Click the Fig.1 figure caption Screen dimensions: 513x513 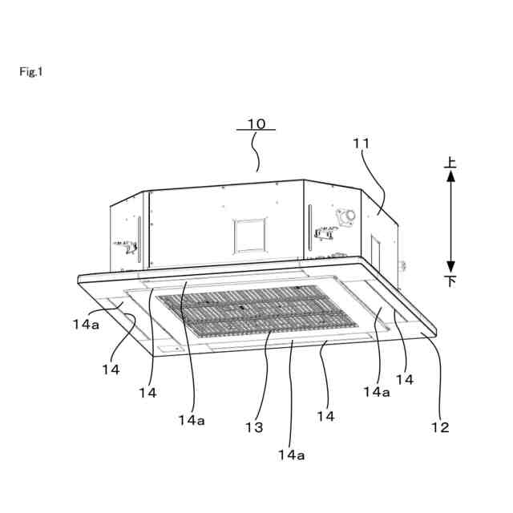click(31, 72)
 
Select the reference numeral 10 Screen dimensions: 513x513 click(256, 123)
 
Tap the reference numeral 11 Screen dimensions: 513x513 click(362, 143)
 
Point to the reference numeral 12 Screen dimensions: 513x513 click(440, 426)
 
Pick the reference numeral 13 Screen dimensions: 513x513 click(254, 428)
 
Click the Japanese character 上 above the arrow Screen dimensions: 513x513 click(451, 163)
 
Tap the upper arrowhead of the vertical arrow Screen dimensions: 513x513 click(451, 177)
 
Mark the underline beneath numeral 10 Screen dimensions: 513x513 click(256, 131)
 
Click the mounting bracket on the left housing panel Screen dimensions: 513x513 click(127, 244)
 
